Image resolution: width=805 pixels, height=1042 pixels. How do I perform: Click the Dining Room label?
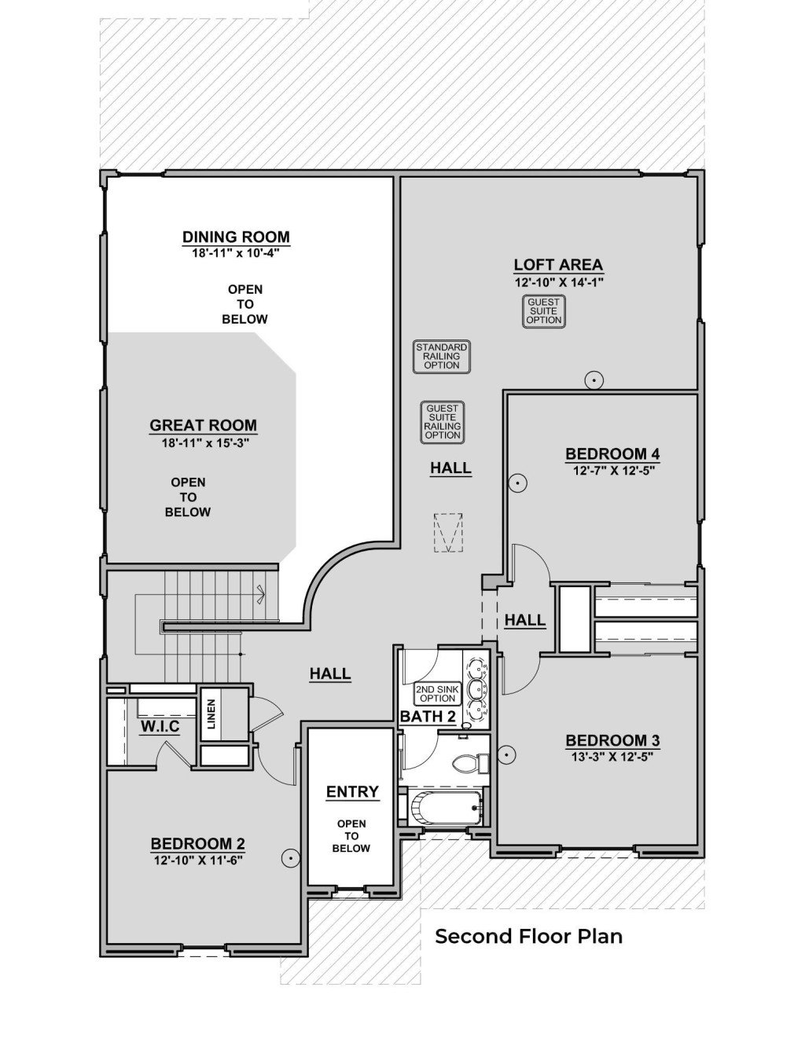236,237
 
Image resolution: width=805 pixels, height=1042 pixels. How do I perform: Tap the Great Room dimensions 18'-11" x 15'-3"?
204,442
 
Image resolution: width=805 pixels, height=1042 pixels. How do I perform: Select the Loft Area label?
558,265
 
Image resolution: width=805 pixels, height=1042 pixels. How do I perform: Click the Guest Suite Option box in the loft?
544,311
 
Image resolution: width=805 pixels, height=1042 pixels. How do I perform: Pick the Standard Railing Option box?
442,356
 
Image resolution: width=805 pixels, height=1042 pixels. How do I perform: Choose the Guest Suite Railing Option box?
443,422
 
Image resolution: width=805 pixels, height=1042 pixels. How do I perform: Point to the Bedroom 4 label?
612,453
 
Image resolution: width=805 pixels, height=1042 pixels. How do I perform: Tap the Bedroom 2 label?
197,844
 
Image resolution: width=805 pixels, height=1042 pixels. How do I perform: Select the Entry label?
352,791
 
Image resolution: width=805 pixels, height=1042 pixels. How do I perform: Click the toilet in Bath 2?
469,763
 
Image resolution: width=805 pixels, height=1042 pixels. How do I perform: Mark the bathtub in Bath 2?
443,807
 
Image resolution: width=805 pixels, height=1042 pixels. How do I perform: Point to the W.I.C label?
160,727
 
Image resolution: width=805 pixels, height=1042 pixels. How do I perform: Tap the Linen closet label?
211,714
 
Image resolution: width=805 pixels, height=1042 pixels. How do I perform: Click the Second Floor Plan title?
528,936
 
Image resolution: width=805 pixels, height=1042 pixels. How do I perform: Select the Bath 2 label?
428,717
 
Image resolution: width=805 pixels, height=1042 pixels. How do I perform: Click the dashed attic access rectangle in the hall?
448,534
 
